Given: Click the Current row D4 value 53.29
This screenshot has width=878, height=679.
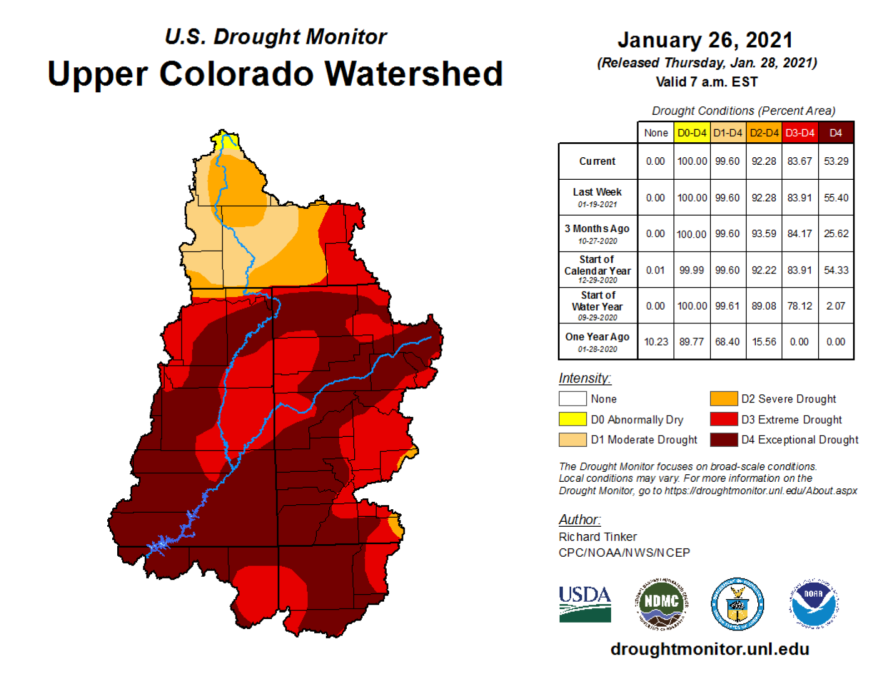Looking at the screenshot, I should tap(836, 161).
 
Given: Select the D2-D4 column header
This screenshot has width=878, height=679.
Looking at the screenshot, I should tap(764, 133).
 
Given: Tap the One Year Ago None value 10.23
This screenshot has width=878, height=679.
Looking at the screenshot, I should tap(656, 342).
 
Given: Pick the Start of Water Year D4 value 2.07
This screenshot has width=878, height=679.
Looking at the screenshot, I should tap(836, 306).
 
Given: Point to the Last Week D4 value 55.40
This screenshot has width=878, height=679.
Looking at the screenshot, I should tap(836, 198).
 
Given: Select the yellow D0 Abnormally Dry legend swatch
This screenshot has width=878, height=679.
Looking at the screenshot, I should tap(572, 419).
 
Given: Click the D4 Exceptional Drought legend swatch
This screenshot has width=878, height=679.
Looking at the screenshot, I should tap(723, 440).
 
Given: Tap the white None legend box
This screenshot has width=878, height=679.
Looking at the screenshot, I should tap(572, 399).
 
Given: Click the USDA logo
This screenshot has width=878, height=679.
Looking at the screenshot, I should tap(585, 604).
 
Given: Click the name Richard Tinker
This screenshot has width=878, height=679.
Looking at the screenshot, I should tap(598, 537).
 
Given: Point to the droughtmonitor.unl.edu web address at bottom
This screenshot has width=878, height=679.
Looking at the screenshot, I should tap(709, 649).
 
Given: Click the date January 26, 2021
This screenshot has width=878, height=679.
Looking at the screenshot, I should tap(705, 40).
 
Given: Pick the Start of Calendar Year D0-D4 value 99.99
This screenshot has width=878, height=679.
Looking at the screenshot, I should tap(691, 270).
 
